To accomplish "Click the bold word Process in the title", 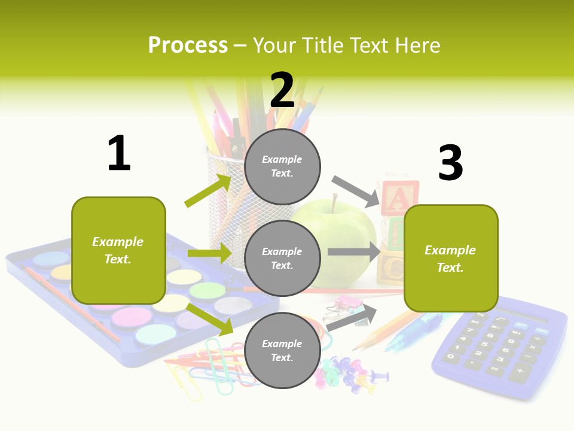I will [x=188, y=45].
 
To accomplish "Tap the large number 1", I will [x=119, y=154].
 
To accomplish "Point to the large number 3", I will [x=450, y=163].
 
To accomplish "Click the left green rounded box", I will [x=118, y=250].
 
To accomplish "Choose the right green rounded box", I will [x=451, y=258].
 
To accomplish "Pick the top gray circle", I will [x=282, y=166].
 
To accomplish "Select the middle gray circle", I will [x=282, y=258].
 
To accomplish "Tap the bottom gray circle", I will [x=282, y=350].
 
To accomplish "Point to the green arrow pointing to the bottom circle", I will [x=210, y=319].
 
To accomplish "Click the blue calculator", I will [x=499, y=347].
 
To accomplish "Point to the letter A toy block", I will [x=399, y=198].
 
